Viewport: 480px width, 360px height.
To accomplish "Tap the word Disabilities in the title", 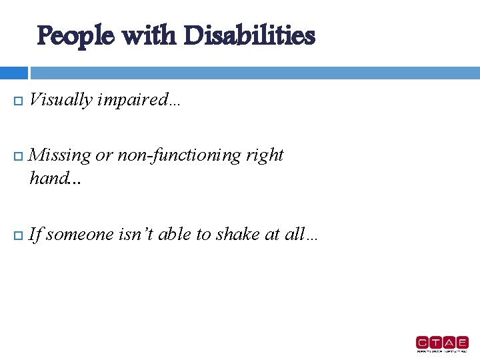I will coord(249,35).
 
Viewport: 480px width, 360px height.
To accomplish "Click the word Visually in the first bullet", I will coord(61,100).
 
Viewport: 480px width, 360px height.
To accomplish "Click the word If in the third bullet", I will coord(35,234).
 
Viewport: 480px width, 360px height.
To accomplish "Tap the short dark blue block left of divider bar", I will coord(13,73).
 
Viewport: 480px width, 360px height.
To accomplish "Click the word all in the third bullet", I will coord(293,234).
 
